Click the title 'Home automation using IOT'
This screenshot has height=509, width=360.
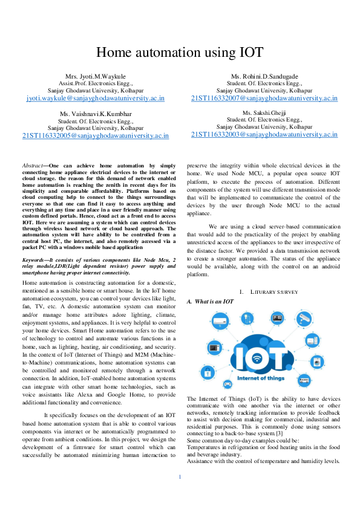coord(180,53)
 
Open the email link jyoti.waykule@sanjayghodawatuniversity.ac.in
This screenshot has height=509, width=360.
coord(96,97)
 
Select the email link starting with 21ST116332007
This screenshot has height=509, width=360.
coord(264,97)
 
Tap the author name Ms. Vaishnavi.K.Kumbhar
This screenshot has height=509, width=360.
coord(96,114)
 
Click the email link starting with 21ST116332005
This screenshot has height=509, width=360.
coord(96,135)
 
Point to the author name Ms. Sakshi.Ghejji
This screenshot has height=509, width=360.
coord(264,113)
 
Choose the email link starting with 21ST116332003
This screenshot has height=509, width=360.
coord(264,135)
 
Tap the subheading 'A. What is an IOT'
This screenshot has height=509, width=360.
coord(211,302)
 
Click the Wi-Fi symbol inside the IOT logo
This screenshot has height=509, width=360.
coord(257,358)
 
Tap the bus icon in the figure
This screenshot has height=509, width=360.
coord(305,381)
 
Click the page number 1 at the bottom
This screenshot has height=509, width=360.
coord(180,478)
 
